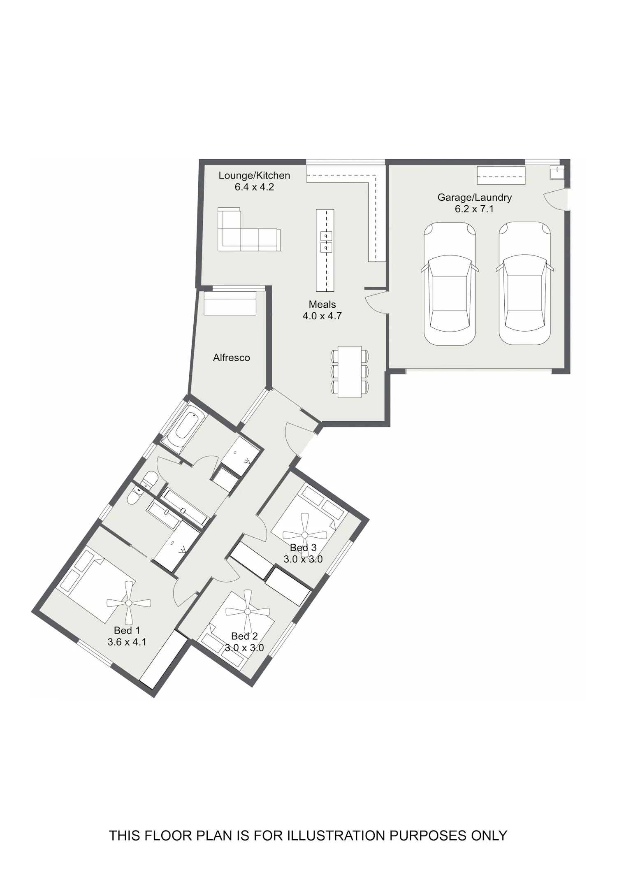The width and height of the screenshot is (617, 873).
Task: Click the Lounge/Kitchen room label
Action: pyautogui.click(x=254, y=176)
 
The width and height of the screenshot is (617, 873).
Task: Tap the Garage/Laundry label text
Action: pyautogui.click(x=474, y=197)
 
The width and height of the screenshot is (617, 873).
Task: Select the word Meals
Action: pyautogui.click(x=322, y=304)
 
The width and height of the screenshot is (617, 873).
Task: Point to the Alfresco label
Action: pyautogui.click(x=232, y=358)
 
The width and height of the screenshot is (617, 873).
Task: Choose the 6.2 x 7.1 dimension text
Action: pyautogui.click(x=474, y=209)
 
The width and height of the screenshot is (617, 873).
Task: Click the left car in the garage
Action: pyautogui.click(x=450, y=283)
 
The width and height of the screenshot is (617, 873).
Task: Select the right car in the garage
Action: pyautogui.click(x=525, y=283)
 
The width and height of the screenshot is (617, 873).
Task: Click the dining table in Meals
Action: pyautogui.click(x=350, y=372)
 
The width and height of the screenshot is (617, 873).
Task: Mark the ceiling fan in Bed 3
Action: pyautogui.click(x=305, y=535)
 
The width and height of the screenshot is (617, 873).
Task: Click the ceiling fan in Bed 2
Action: pyautogui.click(x=247, y=612)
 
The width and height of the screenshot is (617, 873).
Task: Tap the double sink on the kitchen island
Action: pyautogui.click(x=326, y=242)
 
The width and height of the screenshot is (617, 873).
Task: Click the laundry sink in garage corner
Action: pyautogui.click(x=557, y=172)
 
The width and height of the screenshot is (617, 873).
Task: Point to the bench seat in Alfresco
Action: pyautogui.click(x=230, y=303)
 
